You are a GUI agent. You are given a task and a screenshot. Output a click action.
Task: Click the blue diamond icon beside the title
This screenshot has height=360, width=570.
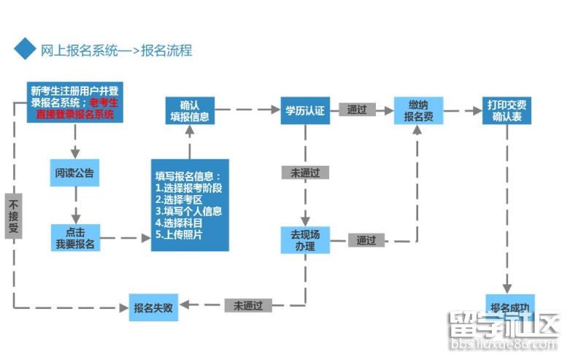coord(25,50)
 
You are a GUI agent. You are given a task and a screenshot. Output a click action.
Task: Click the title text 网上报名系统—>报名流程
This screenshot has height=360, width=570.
coord(116,50)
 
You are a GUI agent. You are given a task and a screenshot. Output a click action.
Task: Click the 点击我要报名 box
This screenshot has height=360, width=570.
coord(74,238)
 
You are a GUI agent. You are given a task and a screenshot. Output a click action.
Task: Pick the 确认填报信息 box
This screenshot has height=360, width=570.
coord(189,110)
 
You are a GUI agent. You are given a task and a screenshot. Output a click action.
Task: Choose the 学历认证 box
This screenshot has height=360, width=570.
coord(304,110)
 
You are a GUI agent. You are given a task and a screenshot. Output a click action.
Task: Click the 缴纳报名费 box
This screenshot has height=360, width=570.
coord(418,110)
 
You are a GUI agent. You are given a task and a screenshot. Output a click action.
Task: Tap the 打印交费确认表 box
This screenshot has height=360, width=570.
coord(507,110)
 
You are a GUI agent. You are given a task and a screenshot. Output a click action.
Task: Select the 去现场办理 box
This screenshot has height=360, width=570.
coord(305,240)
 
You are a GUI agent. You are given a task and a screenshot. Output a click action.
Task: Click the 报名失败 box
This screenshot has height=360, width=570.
coord(153,307)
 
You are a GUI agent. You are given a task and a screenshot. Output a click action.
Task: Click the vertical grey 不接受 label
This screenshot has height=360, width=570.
coord(13,216)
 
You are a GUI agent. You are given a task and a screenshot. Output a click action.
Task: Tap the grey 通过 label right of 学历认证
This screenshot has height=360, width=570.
coord(357,110)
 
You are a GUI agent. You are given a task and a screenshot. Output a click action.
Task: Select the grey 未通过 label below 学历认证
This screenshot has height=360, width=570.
coord(304,173)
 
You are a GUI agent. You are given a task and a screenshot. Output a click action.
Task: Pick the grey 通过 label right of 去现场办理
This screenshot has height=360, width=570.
coord(366,240)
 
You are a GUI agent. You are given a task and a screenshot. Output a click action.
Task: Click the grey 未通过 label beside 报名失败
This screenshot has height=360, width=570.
coord(248,305)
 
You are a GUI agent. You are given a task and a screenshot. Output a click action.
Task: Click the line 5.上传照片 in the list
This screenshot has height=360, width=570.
coord(179,234)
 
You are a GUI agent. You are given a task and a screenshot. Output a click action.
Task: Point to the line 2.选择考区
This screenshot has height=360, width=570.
coord(177,199)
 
